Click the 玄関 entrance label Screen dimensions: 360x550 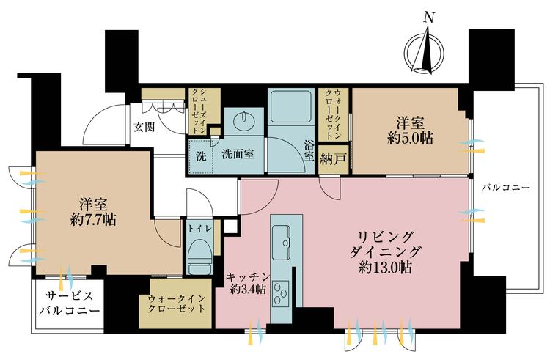pyautogui.click(x=144, y=126)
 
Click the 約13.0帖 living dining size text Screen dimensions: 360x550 pyautogui.click(x=386, y=268)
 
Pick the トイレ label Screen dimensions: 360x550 pyautogui.click(x=199, y=229)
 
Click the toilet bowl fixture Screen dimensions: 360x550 pyautogui.click(x=199, y=255)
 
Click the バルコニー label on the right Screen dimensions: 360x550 pyautogui.click(x=506, y=188)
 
